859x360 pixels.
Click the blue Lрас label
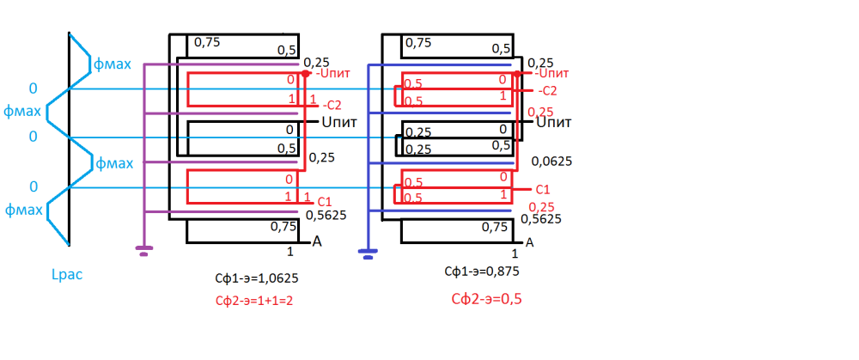(67, 275)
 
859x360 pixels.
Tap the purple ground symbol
(144, 251)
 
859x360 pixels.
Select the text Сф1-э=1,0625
(257, 279)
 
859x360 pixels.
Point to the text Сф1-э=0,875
(482, 272)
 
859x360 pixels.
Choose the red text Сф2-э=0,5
(487, 300)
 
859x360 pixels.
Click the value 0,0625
(551, 161)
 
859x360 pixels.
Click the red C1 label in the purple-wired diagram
(324, 200)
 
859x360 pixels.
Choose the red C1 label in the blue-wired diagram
(542, 189)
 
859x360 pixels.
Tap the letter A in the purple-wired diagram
(317, 241)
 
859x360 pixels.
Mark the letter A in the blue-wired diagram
(530, 242)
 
